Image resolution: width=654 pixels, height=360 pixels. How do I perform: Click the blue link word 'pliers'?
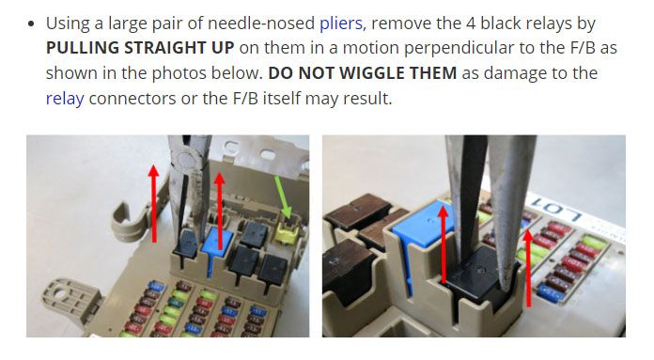coord(341,23)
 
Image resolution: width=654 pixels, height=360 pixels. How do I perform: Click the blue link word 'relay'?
coord(65,99)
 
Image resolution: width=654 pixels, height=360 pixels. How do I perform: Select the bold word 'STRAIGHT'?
coord(164,48)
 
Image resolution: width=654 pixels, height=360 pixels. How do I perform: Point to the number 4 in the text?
coord(471,23)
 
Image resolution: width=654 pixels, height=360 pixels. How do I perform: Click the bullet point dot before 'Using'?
coord(32,23)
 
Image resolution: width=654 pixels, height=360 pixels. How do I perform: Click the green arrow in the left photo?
coord(283,196)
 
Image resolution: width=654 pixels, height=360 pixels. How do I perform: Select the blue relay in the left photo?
coord(217,246)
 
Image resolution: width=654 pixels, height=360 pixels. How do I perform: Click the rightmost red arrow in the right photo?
coord(528,268)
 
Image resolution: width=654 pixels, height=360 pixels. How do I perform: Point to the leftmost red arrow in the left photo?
coord(154,203)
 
